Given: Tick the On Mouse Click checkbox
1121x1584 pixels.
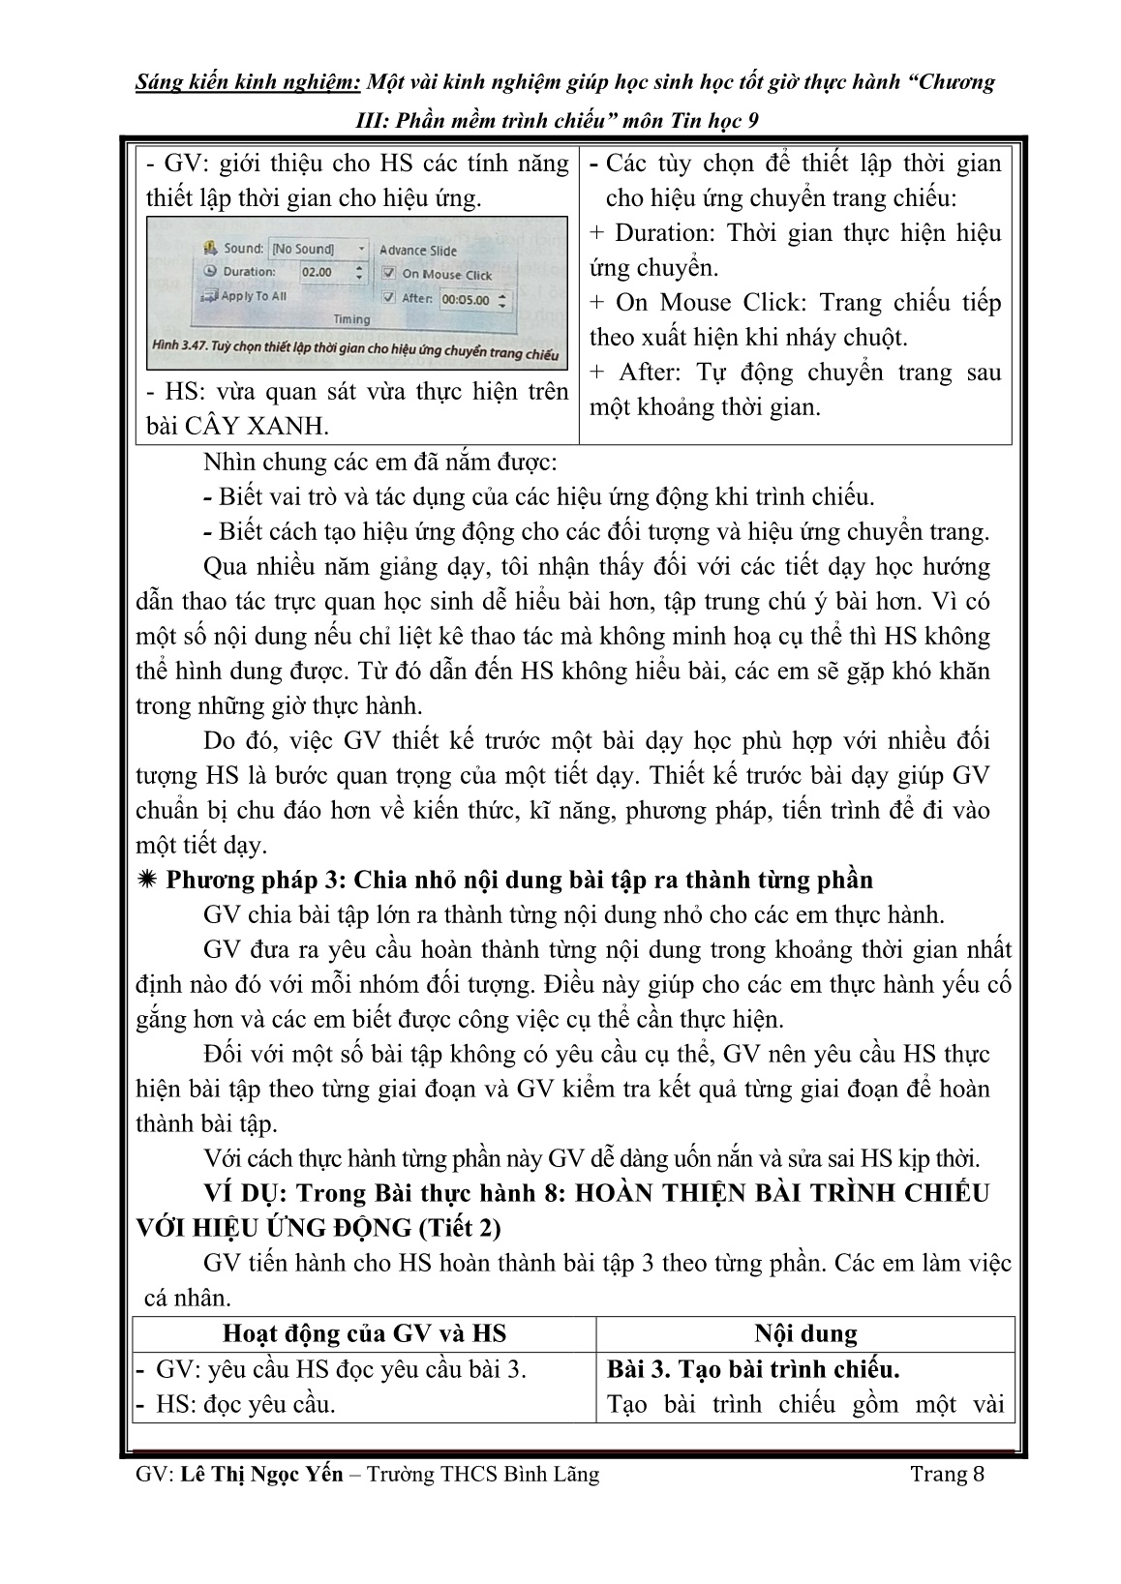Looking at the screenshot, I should pos(388,275).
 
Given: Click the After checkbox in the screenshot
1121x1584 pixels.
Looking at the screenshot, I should pos(388,298).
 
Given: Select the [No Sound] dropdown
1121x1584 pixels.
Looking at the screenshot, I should pos(318,250).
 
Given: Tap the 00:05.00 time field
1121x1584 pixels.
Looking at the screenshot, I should pos(467,300).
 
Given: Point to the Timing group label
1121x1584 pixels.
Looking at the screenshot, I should pos(351,319).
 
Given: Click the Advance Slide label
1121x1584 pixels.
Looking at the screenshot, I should pos(417,251).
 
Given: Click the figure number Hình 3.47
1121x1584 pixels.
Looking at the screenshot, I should pos(180,345).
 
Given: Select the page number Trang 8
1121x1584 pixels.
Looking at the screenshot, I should pos(947,1474).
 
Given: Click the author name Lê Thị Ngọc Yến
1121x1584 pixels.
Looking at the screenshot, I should pos(261,1474).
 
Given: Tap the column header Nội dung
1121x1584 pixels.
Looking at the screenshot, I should pos(805,1333).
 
